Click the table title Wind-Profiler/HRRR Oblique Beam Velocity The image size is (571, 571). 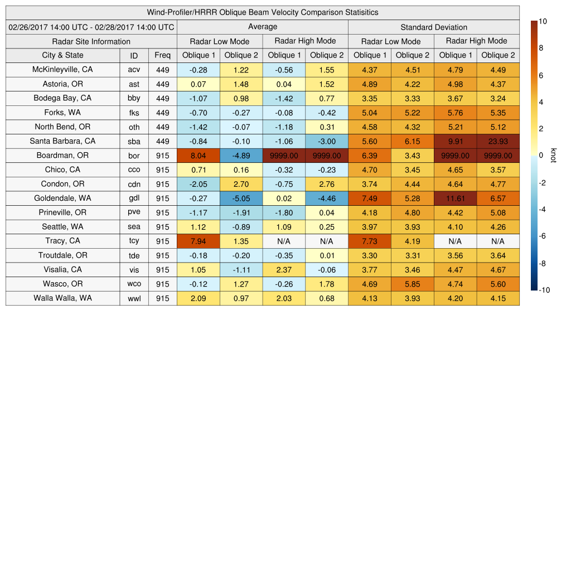[263, 12]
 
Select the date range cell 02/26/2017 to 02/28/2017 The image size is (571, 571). [91, 27]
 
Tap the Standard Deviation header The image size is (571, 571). [434, 27]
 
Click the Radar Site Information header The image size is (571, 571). [91, 41]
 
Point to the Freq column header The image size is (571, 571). [162, 55]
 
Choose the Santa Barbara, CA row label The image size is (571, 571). [62, 141]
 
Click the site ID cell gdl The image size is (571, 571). [134, 199]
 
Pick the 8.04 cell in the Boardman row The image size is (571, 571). [198, 156]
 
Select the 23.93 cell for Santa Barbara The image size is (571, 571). [498, 141]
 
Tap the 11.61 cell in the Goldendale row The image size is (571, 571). [455, 199]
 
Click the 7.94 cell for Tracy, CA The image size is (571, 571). [198, 241]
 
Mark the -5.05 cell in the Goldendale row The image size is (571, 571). [241, 199]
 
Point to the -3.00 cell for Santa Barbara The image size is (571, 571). [327, 141]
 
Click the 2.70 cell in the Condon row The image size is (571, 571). [241, 184]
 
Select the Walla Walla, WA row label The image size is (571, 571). [62, 298]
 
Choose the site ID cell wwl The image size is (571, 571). [134, 298]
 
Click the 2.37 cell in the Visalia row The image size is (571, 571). [284, 269]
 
